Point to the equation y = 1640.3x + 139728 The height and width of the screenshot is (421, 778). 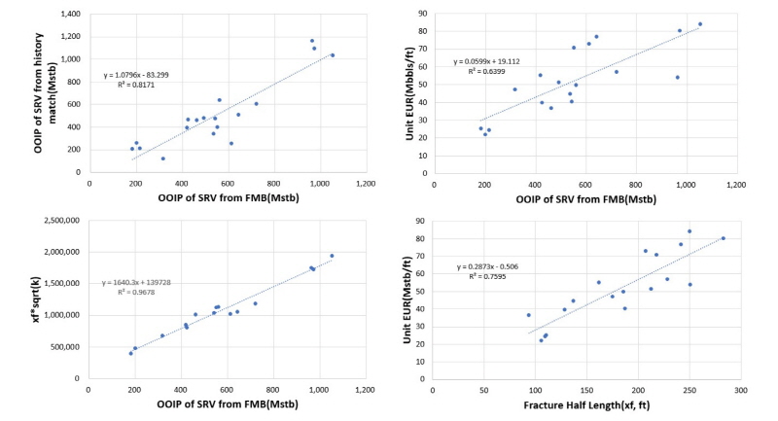click(148, 283)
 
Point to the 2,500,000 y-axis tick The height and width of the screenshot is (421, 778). click(63, 222)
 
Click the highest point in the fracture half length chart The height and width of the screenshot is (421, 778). click(690, 231)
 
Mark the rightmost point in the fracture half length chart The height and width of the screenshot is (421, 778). click(723, 238)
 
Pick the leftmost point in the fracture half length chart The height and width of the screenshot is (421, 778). click(529, 315)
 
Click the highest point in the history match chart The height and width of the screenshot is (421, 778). click(312, 41)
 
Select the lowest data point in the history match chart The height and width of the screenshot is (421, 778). click(163, 158)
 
